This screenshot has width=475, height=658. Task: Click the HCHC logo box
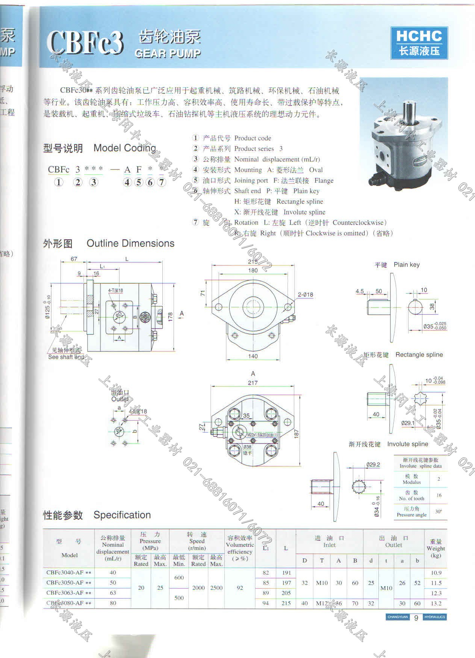point(419,43)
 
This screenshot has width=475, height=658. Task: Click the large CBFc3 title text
point(85,43)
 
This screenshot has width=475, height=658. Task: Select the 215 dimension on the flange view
point(253,262)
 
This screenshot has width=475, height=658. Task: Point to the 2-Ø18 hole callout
point(305,295)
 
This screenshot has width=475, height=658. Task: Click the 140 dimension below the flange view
point(253,356)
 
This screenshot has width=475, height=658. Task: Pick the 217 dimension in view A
point(253,383)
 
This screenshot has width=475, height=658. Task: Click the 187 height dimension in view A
point(296,434)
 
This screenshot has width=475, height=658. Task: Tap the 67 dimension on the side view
point(74,259)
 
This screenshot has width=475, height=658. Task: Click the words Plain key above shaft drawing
point(407,265)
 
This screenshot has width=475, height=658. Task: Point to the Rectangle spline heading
point(419,355)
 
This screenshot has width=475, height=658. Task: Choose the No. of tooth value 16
point(439,495)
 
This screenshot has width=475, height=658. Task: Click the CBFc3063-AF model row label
point(68,593)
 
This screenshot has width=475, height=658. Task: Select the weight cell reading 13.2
point(436,603)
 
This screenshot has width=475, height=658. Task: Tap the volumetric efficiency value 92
point(240,588)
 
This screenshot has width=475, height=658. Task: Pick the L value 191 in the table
point(286,573)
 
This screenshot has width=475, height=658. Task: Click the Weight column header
point(436,548)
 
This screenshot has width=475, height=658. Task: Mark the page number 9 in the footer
point(416,618)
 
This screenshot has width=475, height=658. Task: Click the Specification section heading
point(122,515)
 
